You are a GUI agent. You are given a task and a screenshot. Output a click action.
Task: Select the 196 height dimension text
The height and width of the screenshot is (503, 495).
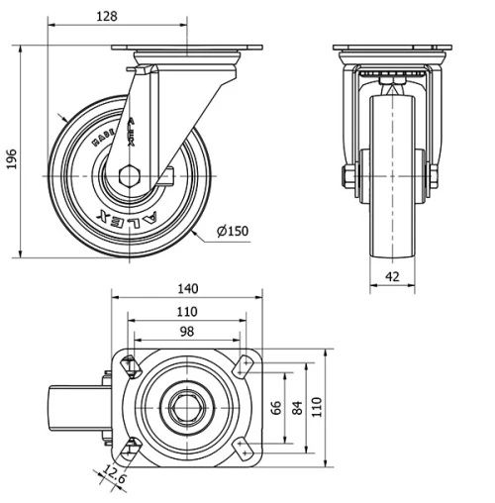tap(12, 158)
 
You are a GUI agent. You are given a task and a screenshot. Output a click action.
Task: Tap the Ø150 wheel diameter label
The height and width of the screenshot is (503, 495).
tap(231, 232)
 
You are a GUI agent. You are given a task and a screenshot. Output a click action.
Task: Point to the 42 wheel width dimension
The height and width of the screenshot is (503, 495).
tap(392, 278)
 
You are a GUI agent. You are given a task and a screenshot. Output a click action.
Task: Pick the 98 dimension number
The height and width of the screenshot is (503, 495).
tap(186, 332)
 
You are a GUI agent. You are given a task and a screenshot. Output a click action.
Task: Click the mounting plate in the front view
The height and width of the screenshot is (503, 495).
tap(392, 50)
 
